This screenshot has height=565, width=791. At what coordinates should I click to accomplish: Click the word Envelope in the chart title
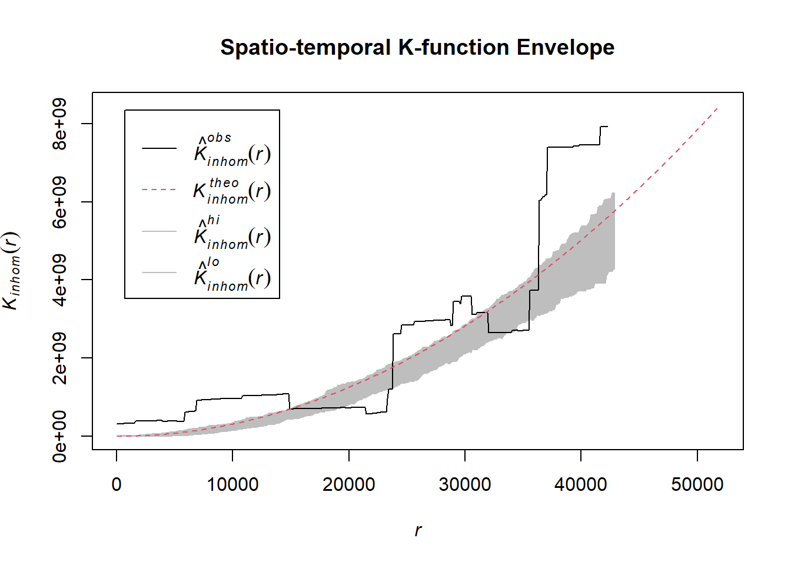point(565,48)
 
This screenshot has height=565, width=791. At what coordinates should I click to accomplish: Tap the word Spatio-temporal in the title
point(305,48)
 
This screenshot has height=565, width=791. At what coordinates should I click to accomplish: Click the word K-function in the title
point(454,48)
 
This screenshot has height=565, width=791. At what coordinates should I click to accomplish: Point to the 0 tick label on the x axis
point(117,484)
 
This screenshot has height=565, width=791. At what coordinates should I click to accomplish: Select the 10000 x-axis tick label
point(232,484)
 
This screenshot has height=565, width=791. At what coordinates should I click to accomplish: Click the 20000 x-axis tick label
point(348,484)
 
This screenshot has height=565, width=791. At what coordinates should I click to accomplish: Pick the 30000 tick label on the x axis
point(465,484)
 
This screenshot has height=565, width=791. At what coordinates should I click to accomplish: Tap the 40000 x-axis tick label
point(581,484)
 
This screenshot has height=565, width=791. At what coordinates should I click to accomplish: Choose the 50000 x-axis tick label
point(697,484)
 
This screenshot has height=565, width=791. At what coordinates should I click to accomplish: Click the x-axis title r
point(418,530)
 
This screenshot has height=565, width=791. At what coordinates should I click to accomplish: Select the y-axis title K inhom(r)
point(12,271)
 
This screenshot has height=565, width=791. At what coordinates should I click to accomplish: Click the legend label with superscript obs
point(232,151)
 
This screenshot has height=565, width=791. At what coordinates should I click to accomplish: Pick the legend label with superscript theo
point(232,191)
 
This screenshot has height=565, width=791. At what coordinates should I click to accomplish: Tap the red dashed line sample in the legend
point(159,190)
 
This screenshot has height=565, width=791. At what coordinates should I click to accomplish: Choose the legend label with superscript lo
point(232,275)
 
